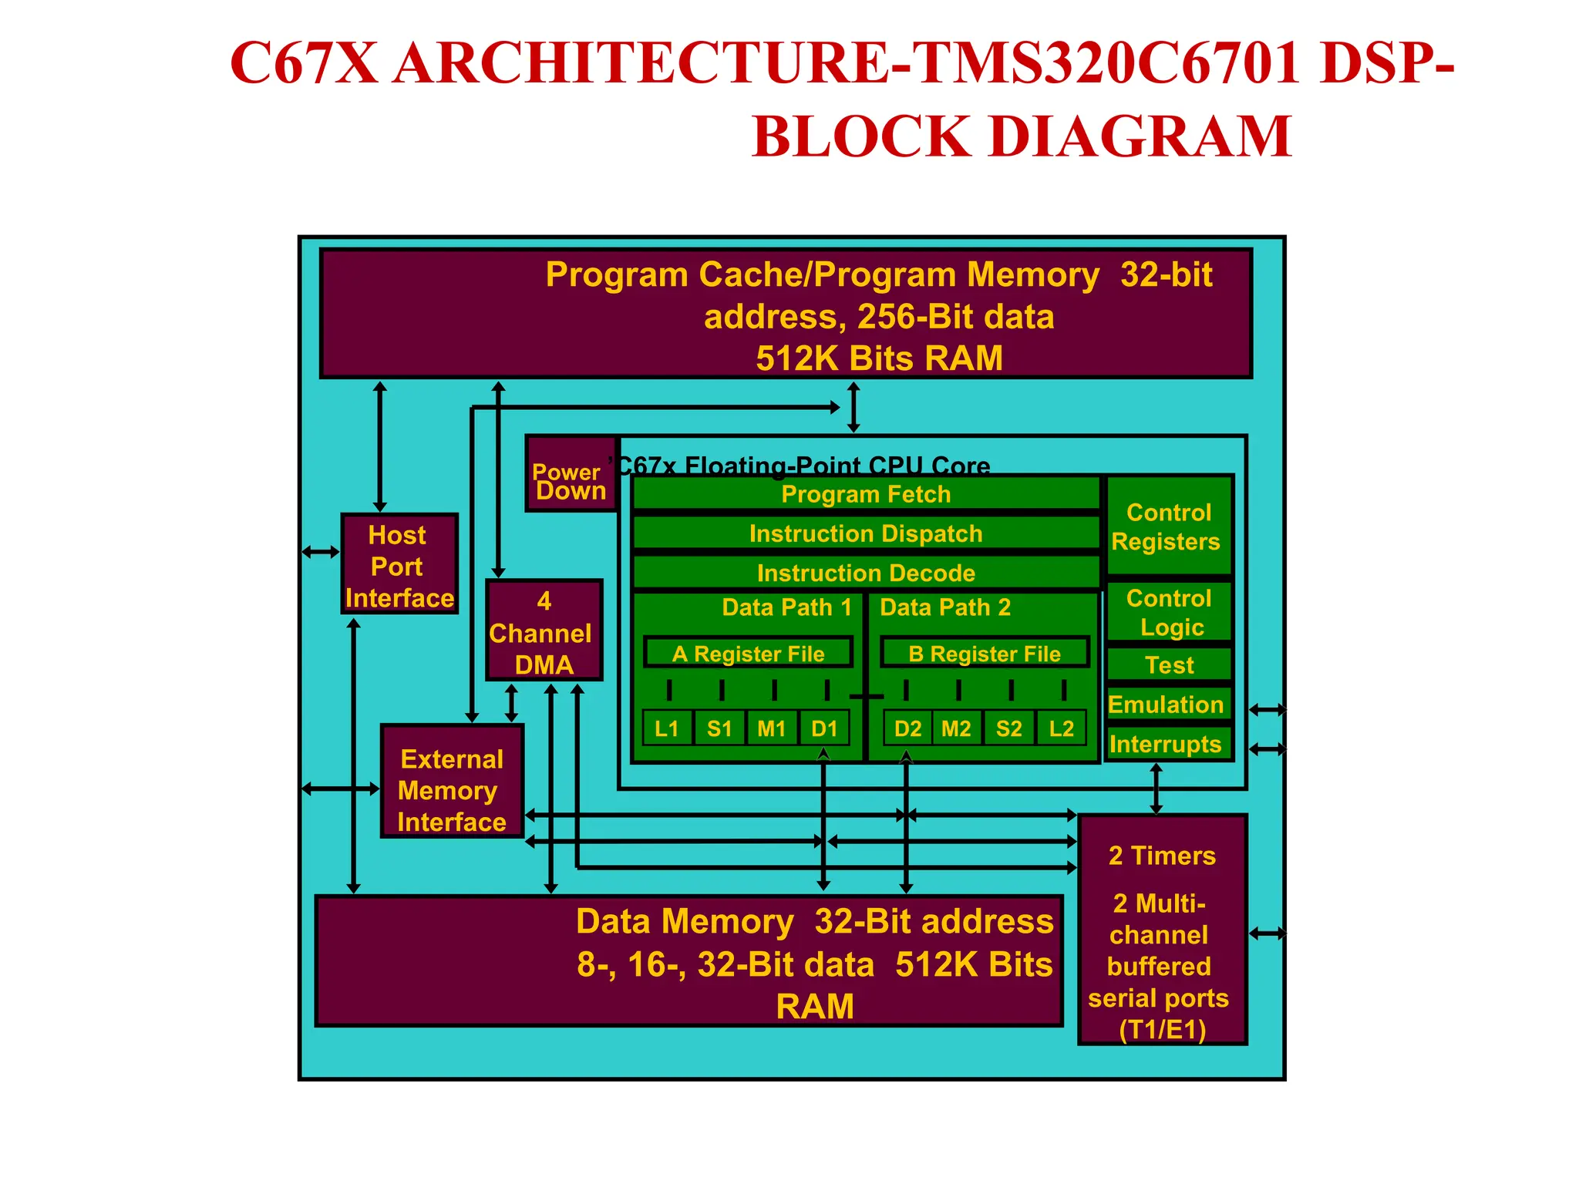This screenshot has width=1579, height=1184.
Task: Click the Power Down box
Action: pos(571,473)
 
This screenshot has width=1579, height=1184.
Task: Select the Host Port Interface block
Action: pos(399,564)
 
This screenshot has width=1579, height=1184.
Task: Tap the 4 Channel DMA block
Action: pos(544,631)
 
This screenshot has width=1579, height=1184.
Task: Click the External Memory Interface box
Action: pos(452,782)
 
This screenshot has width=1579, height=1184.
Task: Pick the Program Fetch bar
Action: pos(865,494)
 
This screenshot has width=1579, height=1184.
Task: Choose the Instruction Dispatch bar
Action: pos(865,533)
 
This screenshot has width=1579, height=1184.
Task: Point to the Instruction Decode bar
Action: pos(865,573)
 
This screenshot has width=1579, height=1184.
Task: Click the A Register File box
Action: pos(748,653)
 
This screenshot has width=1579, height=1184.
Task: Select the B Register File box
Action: pos(985,653)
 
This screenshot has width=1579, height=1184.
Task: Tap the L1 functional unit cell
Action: pos(667,728)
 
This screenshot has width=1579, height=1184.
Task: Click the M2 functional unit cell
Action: pos(956,728)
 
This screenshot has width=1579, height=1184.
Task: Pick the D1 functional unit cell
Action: pos(824,728)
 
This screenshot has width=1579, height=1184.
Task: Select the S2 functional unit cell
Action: pos(1008,728)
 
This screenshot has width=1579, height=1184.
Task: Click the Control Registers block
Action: pos(1168,526)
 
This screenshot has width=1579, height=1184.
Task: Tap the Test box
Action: pos(1169,664)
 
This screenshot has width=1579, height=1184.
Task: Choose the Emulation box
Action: pos(1167,704)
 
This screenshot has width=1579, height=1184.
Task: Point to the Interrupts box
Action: pos(1166,744)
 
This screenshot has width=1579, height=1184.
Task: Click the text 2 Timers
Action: pos(1162,856)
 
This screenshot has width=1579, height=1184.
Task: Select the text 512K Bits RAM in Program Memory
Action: pos(879,358)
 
